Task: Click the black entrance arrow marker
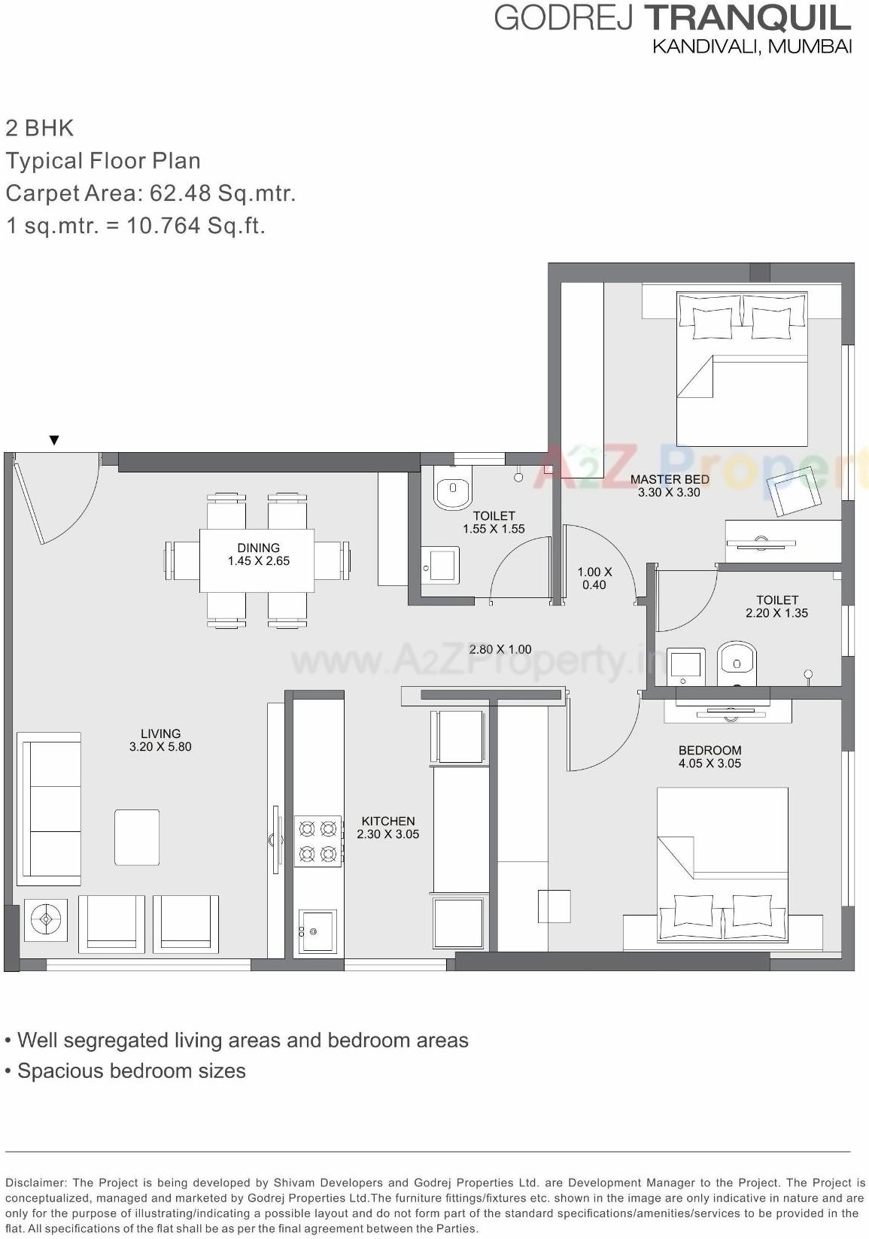tap(53, 440)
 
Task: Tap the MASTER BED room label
tap(669, 479)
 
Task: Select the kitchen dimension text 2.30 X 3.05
tap(387, 834)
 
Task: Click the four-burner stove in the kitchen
tap(318, 841)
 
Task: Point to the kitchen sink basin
tap(318, 931)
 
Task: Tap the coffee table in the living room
tap(137, 837)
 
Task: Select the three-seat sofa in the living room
tap(50, 809)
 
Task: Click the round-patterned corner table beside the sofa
tap(46, 919)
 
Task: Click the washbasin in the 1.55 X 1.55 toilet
tap(440, 565)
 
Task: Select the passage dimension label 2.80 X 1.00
tap(500, 649)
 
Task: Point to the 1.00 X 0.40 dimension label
tap(594, 578)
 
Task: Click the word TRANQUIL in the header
tap(748, 18)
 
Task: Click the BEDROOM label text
tap(709, 750)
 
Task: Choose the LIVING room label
tap(160, 733)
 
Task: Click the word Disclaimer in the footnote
tap(35, 1183)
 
